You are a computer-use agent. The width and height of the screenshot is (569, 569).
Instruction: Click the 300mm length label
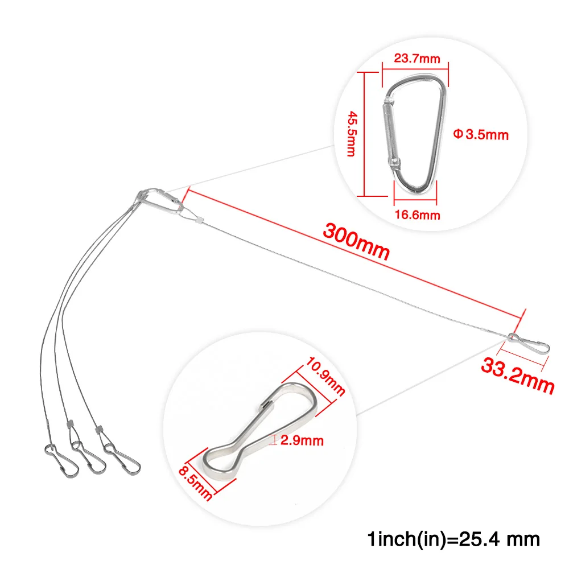pos(356,241)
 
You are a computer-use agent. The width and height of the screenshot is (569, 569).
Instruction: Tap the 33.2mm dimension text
pos(517,375)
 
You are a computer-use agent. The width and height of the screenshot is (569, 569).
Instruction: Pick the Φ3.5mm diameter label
pos(481,135)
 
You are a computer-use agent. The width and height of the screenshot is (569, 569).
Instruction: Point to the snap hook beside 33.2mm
pos(529,341)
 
